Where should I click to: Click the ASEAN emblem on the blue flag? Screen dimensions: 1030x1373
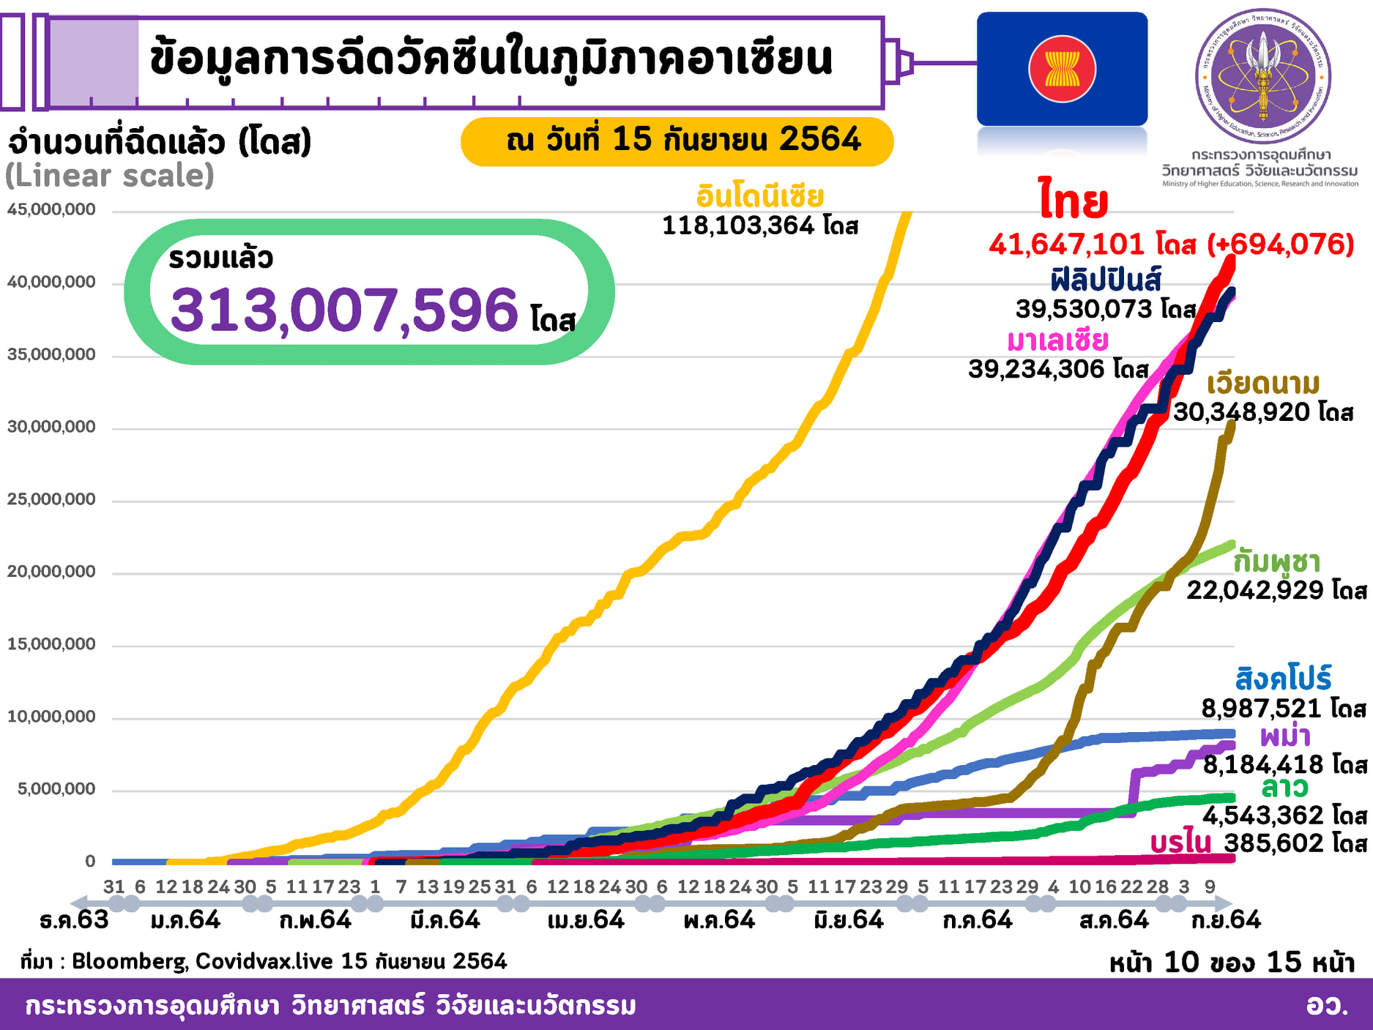pos(1062,69)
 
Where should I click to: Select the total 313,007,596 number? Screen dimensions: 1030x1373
pos(344,310)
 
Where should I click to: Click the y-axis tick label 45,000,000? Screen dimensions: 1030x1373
pos(51,209)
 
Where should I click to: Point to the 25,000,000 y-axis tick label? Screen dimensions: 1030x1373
pos(51,499)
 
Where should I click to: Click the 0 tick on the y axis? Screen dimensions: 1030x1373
pos(90,861)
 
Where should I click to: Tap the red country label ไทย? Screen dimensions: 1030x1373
pos(1073,200)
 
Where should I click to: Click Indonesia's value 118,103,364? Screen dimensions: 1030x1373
pos(738,225)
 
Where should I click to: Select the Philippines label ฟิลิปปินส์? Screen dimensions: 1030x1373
pos(1106,280)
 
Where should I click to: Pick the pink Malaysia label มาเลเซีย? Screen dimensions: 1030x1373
pos(1057,340)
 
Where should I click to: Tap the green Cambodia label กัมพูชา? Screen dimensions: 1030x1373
pos(1276,561)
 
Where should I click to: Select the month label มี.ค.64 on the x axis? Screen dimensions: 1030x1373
pos(445,919)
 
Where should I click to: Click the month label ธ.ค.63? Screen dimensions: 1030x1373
pos(74,919)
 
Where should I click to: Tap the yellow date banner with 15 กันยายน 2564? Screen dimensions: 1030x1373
pos(677,141)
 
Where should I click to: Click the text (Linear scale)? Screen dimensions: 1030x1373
pos(110,176)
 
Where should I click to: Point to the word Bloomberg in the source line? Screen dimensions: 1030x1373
pos(129,961)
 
